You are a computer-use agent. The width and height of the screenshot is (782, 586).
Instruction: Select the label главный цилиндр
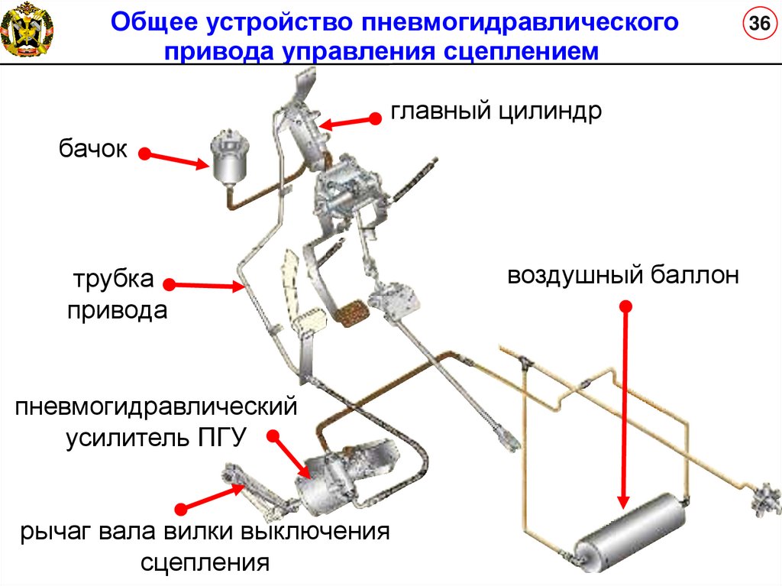pyautogui.click(x=497, y=112)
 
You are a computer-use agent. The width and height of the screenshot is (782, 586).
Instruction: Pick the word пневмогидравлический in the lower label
pyautogui.click(x=155, y=406)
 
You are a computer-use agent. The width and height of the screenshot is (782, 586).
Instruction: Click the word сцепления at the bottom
pyautogui.click(x=205, y=563)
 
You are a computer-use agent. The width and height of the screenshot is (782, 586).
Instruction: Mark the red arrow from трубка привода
pyautogui.click(x=205, y=285)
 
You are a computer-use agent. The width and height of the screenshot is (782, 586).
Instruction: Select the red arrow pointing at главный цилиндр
pyautogui.click(x=348, y=120)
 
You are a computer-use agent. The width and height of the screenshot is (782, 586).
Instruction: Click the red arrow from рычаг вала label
pyautogui.click(x=207, y=496)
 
